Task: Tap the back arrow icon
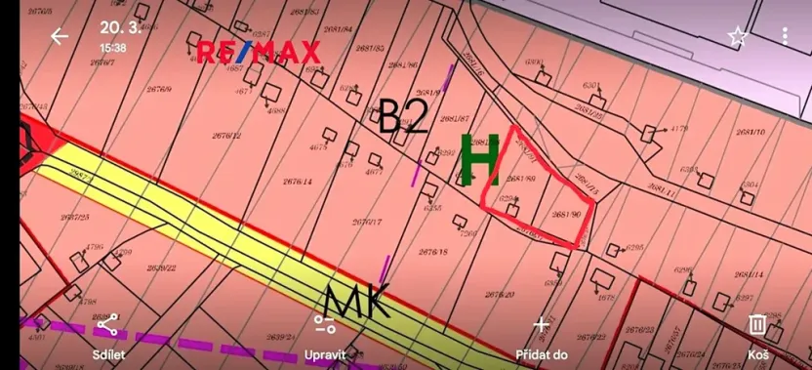click(60, 36)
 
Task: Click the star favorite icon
click(737, 37)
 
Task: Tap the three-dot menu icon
click(786, 37)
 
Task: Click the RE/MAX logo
click(259, 52)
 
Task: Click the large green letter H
click(480, 160)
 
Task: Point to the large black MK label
click(358, 301)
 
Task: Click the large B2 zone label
click(403, 116)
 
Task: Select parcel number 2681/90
click(566, 214)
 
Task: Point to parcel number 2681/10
click(750, 132)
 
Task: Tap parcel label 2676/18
click(433, 252)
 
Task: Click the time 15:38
click(112, 47)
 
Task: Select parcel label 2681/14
click(749, 275)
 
